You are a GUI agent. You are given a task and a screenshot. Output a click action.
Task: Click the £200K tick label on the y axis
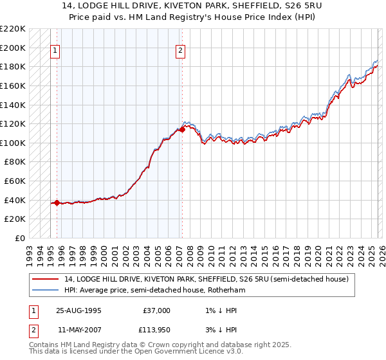click(x=13, y=48)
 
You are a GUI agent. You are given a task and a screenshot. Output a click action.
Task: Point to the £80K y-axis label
click(x=15, y=162)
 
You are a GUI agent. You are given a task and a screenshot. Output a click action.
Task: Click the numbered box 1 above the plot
click(x=55, y=51)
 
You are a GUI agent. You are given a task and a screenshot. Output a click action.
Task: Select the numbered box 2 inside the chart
click(x=180, y=51)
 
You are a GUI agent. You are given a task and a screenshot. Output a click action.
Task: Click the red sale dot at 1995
click(x=57, y=203)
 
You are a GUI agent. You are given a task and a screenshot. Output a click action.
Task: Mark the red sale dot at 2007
click(x=182, y=129)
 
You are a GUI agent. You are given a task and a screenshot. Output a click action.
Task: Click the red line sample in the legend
click(x=46, y=279)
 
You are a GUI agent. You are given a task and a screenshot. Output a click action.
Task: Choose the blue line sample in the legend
click(x=46, y=291)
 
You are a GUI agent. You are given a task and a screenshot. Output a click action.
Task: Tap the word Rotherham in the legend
click(x=226, y=291)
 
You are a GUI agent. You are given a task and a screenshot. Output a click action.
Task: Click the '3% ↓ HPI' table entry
click(x=221, y=330)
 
